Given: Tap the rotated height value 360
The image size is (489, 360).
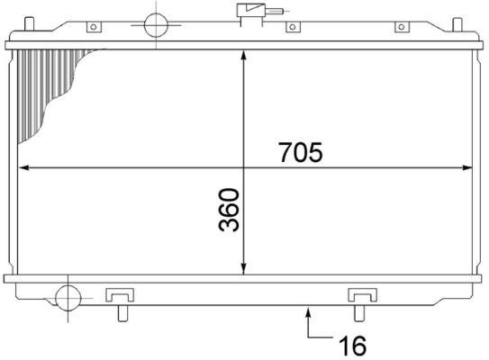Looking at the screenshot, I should tap(229, 210).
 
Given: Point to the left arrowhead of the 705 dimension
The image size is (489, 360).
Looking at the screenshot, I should tap(23, 167).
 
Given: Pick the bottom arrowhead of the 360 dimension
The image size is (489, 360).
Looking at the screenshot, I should tap(243, 269).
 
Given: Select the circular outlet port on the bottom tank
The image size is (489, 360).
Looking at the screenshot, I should tap(68, 296).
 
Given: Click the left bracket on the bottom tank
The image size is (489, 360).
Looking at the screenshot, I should tap(120, 294).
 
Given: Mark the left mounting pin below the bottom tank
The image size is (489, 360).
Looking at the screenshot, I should tap(122, 313).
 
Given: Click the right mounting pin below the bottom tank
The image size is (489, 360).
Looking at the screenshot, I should tap(359, 313).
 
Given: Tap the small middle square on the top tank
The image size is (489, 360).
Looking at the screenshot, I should tap(290, 28).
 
